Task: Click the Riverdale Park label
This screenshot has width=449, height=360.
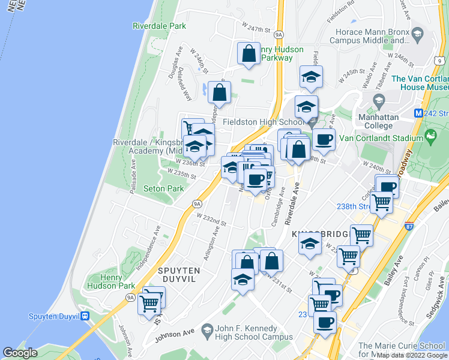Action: tap(159, 26)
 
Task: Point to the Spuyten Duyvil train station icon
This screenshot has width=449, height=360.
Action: tap(86, 316)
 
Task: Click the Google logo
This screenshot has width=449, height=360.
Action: tap(20, 353)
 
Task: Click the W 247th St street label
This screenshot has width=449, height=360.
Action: tap(257, 28)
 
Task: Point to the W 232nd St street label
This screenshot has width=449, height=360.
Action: tap(212, 220)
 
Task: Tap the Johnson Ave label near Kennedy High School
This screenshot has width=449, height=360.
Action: tap(175, 332)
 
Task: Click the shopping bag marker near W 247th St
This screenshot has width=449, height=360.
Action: tap(249, 54)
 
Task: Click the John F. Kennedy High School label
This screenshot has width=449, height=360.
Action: tap(247, 332)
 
